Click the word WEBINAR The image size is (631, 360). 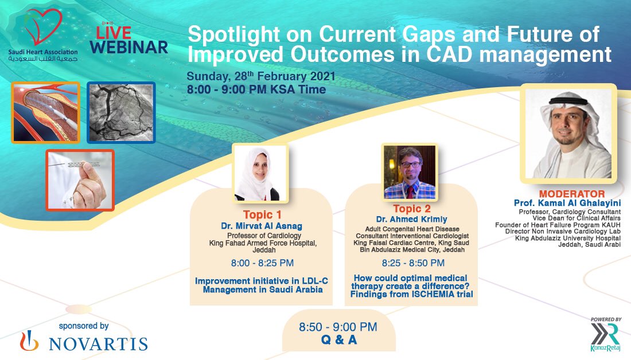[x=129, y=47]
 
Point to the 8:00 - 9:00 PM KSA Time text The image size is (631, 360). [x=256, y=89]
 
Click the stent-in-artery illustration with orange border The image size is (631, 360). [x=45, y=112]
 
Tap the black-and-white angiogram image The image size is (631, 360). [x=121, y=112]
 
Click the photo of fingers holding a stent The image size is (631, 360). [x=80, y=179]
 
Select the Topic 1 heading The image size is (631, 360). [x=262, y=215]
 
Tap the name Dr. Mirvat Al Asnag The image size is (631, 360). [x=262, y=226]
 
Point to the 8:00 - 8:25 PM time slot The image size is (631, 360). [x=262, y=264]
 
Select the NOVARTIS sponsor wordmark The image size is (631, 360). [x=98, y=343]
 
